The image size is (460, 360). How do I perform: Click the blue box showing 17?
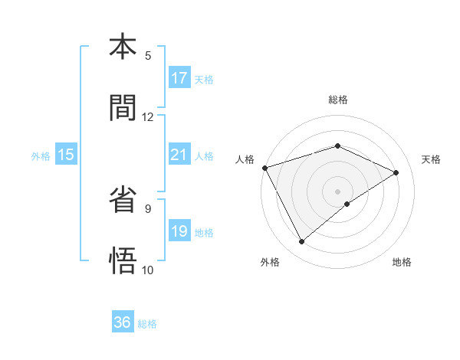179,78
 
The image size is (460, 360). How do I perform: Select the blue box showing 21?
179,155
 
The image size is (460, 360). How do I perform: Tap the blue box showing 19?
179,231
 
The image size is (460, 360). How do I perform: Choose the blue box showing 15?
66,155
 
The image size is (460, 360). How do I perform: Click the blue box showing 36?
123,322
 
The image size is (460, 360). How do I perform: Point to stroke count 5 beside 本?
148,55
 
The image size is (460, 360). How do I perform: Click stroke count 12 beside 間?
148,116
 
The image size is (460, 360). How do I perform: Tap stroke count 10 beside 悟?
148,270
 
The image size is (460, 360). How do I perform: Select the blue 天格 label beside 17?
204,79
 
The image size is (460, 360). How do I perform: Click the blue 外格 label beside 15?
41,155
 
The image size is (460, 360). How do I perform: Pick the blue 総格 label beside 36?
147,323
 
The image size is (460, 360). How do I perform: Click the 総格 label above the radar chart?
337,100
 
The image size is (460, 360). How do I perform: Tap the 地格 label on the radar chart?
402,262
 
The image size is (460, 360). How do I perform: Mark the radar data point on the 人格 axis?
264,168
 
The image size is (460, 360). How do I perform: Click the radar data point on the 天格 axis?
396,172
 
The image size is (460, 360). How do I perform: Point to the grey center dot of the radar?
337,191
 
